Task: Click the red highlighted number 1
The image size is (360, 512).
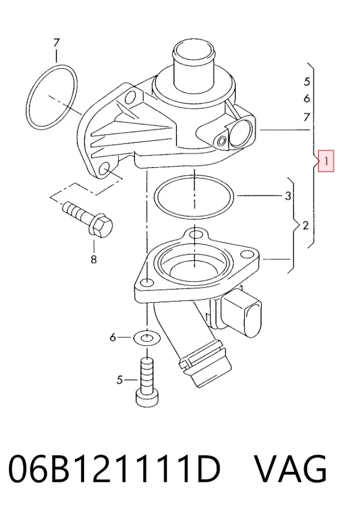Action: pyautogui.click(x=326, y=161)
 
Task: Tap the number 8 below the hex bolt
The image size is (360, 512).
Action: pyautogui.click(x=94, y=259)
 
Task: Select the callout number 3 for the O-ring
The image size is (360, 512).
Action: pyautogui.click(x=287, y=196)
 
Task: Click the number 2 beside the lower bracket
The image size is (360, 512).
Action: pyautogui.click(x=305, y=225)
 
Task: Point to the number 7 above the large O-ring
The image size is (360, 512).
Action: pyautogui.click(x=56, y=43)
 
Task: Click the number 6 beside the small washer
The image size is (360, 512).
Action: pyautogui.click(x=113, y=337)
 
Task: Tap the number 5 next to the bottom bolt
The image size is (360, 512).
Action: pyautogui.click(x=119, y=380)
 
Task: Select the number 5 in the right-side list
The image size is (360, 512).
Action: pyautogui.click(x=307, y=82)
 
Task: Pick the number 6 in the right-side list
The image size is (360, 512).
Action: pyautogui.click(x=307, y=98)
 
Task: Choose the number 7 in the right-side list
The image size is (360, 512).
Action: pyautogui.click(x=307, y=117)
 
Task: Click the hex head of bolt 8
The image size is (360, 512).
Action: pyautogui.click(x=101, y=225)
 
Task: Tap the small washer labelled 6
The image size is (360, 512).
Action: pyautogui.click(x=147, y=338)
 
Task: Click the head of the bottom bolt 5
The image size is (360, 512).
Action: pyautogui.click(x=148, y=398)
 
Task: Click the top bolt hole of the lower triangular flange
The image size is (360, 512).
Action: pyautogui.click(x=196, y=234)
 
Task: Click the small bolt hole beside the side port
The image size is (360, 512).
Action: pyautogui.click(x=221, y=141)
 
